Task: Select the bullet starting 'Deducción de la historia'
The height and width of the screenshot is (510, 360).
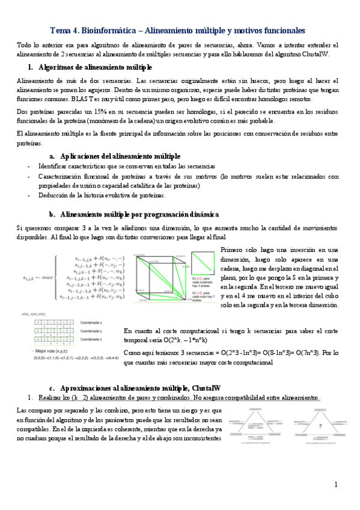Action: pos(101,195)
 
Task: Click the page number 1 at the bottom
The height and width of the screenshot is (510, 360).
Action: pos(336,485)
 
